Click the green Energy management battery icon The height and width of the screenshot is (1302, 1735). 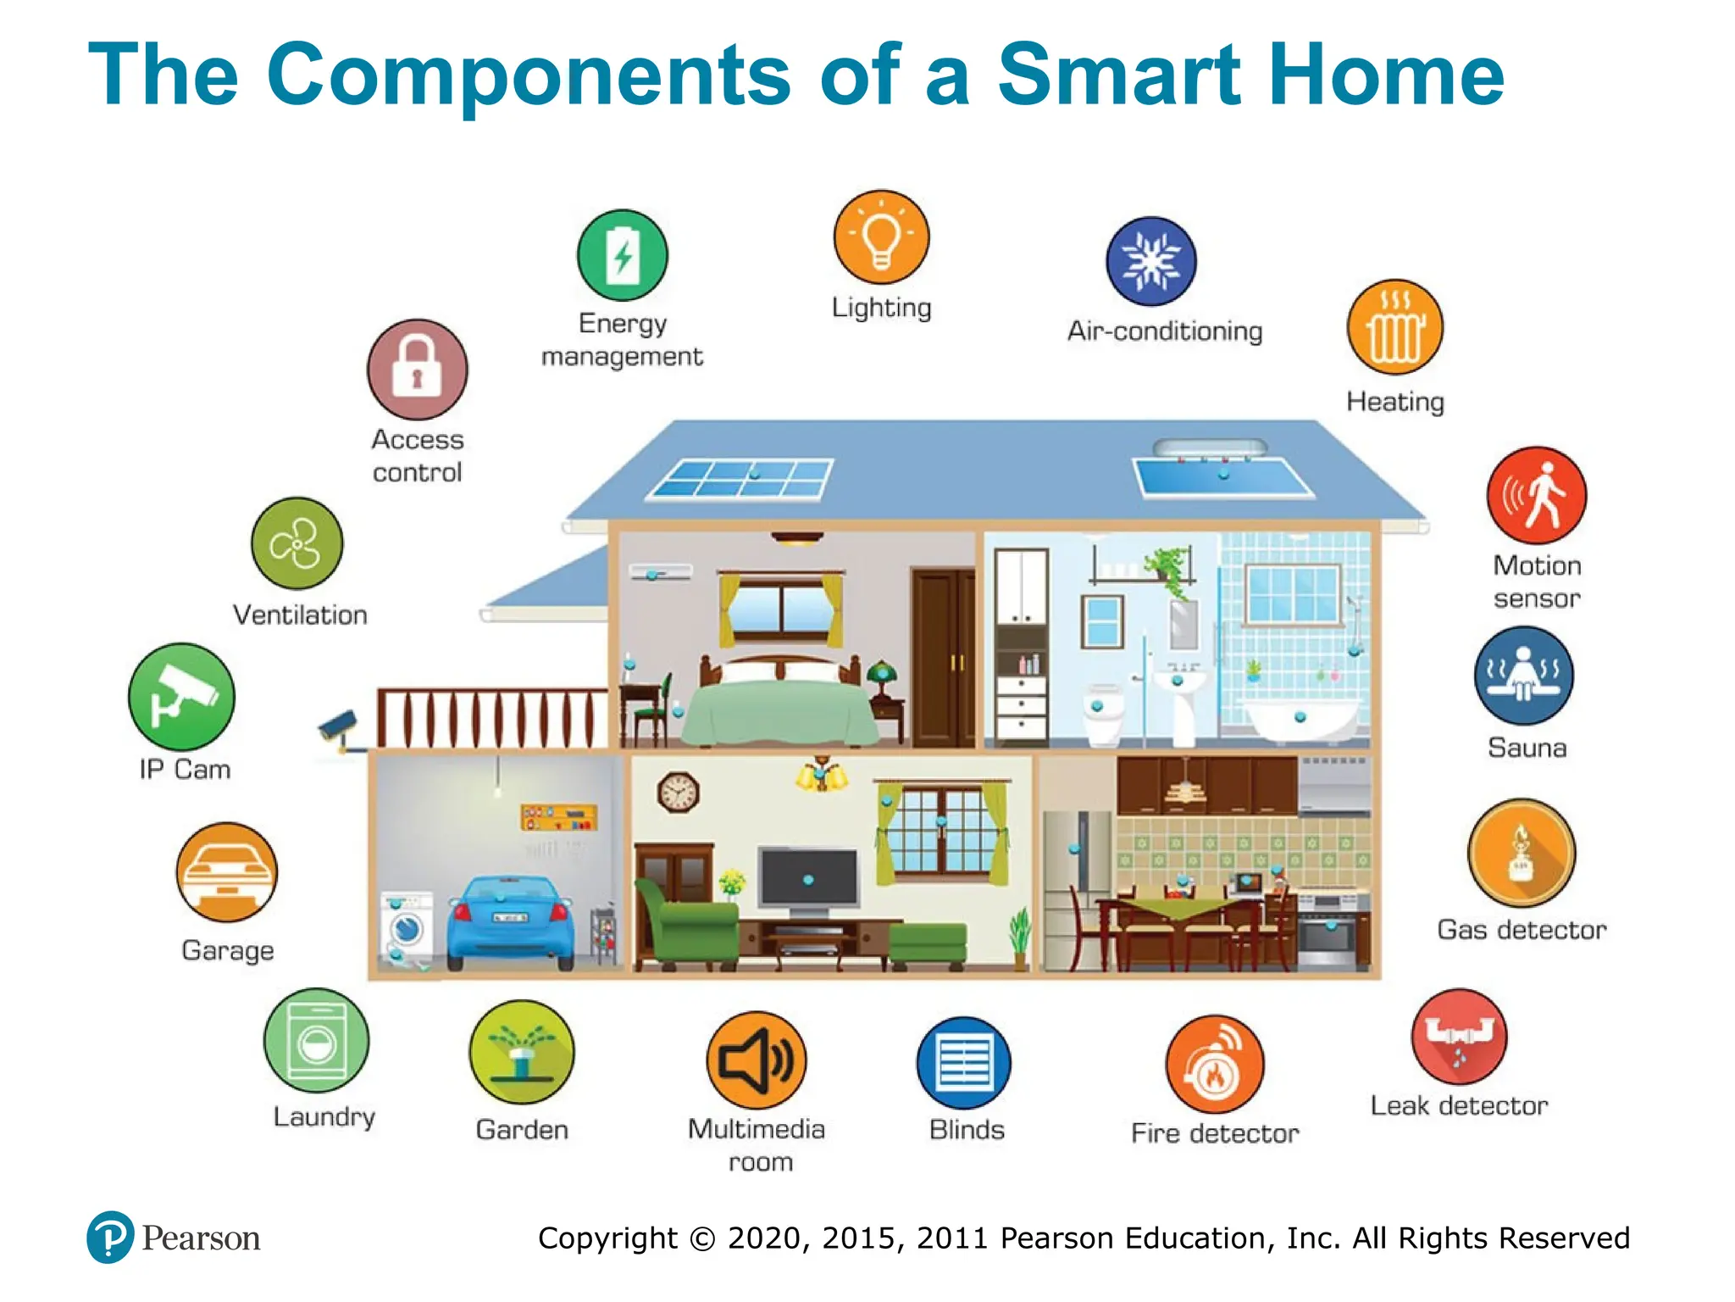(623, 255)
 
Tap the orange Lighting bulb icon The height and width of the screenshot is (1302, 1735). (881, 237)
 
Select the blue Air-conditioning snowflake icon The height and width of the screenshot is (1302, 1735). (1151, 261)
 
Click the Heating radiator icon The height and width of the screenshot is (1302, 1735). (1394, 328)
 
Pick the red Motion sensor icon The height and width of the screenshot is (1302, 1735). (1536, 496)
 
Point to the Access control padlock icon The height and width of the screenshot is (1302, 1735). (417, 370)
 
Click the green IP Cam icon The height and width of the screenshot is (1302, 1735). (181, 697)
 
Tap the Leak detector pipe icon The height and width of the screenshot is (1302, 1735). (1459, 1036)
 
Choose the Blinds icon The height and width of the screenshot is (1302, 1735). (964, 1063)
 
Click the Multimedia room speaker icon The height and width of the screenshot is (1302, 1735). (757, 1060)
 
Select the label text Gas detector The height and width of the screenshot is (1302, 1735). (1522, 930)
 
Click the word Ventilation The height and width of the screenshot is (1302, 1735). (300, 615)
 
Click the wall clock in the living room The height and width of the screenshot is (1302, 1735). (678, 793)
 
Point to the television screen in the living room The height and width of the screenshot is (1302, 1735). (808, 878)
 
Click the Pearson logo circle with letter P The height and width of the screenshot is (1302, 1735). (110, 1237)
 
